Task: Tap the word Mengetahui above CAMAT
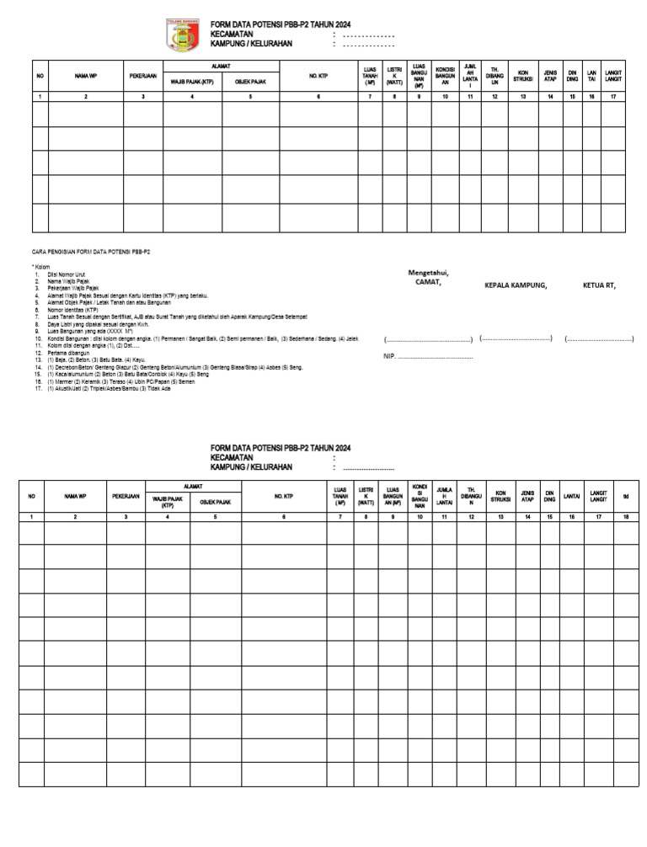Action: [429, 272]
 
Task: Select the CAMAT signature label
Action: [428, 282]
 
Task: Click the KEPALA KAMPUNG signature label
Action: [516, 285]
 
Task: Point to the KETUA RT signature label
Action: [599, 285]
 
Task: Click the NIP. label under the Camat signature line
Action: [390, 356]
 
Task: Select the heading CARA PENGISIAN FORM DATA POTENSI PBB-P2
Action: [91, 252]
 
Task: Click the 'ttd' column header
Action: [625, 497]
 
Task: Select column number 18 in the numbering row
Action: [625, 516]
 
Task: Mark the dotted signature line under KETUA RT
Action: [599, 339]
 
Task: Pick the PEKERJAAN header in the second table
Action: [126, 497]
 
